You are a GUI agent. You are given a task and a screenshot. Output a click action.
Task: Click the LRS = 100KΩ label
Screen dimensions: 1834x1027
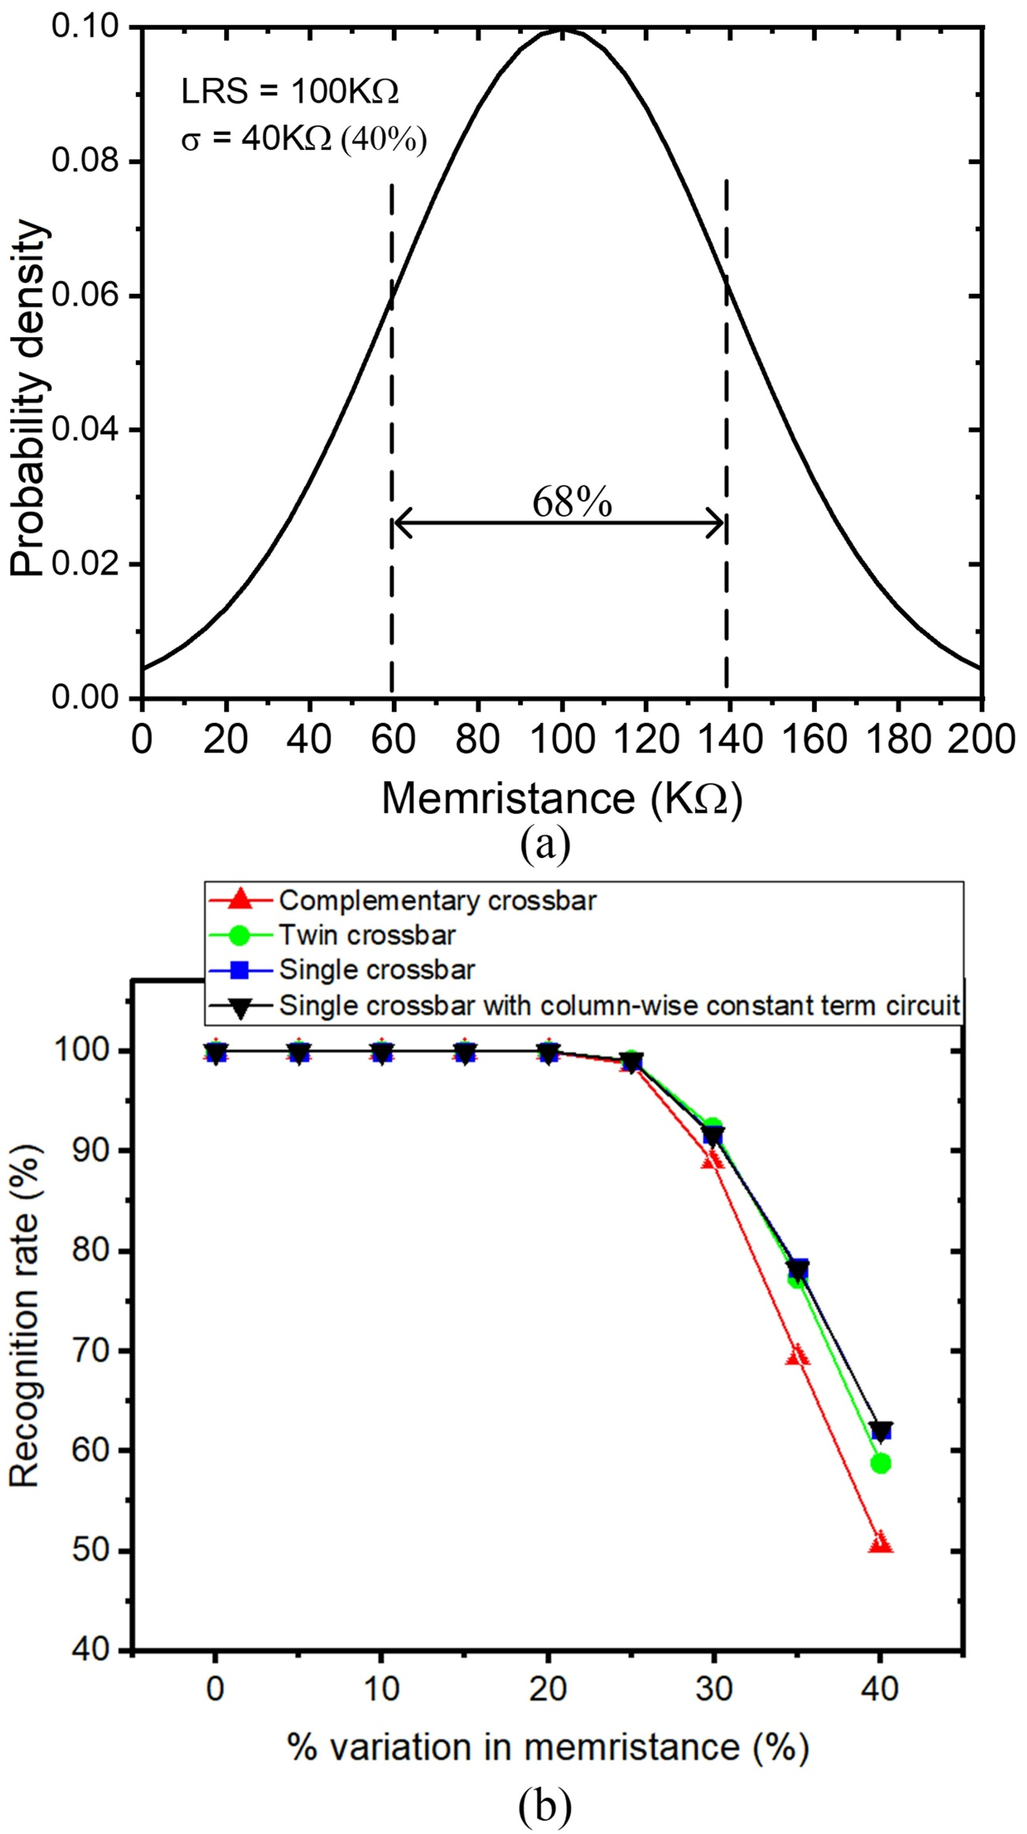click(x=290, y=92)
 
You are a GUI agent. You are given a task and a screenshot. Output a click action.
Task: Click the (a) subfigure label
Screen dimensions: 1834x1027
click(x=545, y=845)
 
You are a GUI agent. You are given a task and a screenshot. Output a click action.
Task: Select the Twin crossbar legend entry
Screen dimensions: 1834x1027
click(x=367, y=935)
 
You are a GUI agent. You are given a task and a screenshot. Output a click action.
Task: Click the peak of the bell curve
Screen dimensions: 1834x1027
click(x=562, y=29)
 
